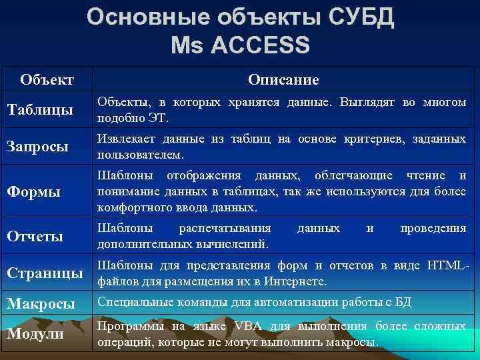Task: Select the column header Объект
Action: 47,80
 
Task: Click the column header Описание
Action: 283,80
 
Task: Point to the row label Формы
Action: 33,191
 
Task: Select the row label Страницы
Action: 45,273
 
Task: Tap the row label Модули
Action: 35,333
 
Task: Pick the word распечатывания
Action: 225,229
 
